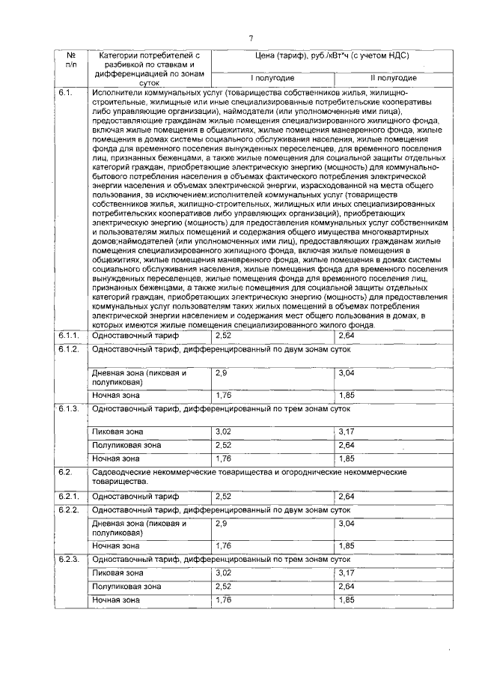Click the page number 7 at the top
click(x=251, y=38)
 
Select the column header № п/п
click(x=71, y=60)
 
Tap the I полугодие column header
click(x=272, y=78)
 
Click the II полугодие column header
click(x=394, y=78)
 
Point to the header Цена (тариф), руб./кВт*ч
click(x=333, y=55)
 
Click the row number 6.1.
click(x=65, y=93)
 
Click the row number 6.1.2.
click(x=68, y=349)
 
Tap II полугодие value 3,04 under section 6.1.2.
click(x=347, y=372)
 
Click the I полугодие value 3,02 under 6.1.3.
click(x=224, y=432)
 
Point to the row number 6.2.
click(x=65, y=473)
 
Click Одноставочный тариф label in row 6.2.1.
click(x=124, y=496)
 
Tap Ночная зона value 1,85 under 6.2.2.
click(x=347, y=546)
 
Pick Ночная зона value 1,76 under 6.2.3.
click(x=223, y=600)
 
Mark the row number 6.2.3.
click(x=68, y=560)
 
